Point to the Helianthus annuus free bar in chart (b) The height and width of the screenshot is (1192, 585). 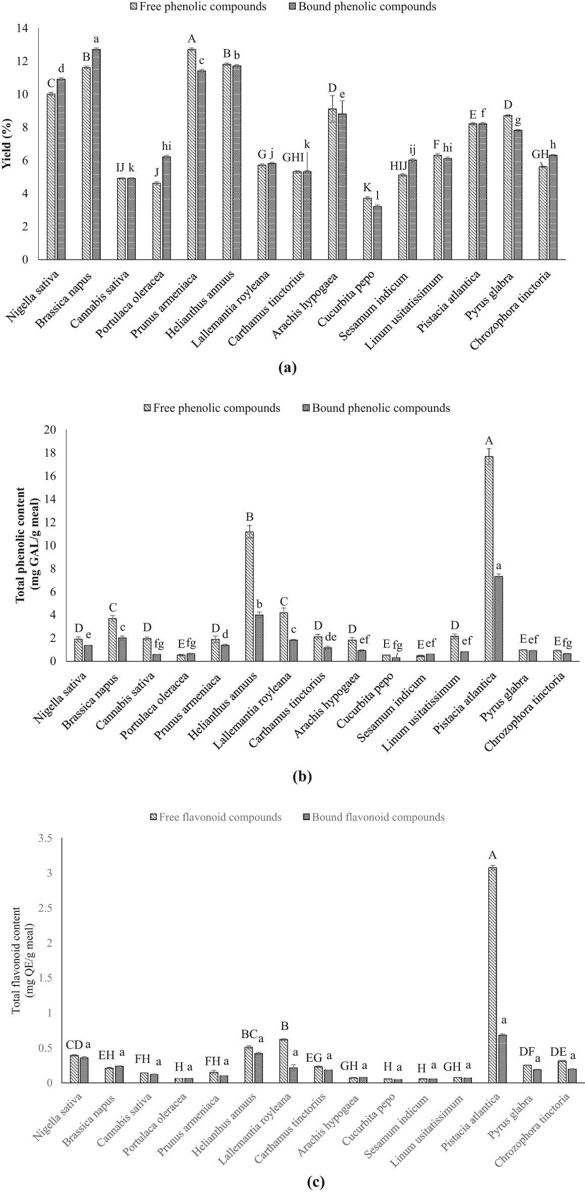(249, 595)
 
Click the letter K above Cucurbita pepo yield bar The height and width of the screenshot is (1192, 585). (367, 188)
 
